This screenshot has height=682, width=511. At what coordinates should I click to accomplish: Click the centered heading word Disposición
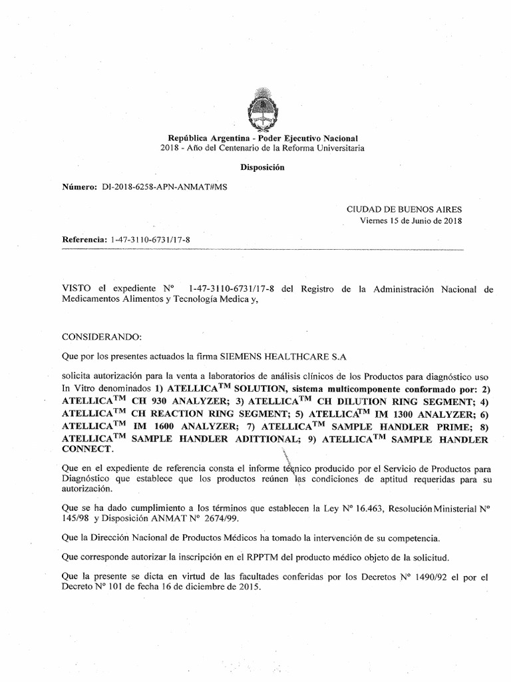(262, 168)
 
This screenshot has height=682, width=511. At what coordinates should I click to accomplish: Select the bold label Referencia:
(84, 238)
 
